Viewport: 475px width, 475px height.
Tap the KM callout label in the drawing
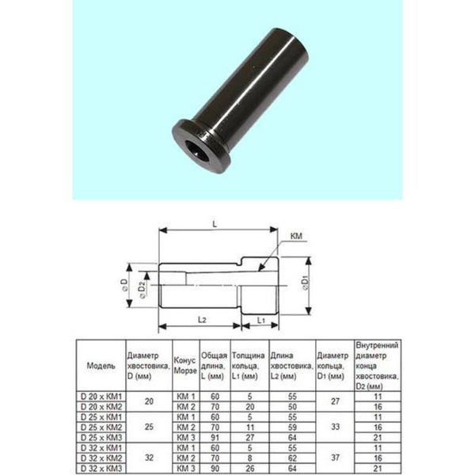296,236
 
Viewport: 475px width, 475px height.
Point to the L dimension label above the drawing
215,225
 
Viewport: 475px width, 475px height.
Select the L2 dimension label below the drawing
202,320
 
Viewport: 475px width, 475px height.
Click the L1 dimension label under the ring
260,320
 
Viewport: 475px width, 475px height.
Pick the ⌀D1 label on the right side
306,283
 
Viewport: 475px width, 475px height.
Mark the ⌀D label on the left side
124,285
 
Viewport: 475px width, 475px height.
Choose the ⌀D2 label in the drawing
142,290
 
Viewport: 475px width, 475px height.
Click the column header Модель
101,366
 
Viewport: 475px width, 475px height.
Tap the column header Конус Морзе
185,365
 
